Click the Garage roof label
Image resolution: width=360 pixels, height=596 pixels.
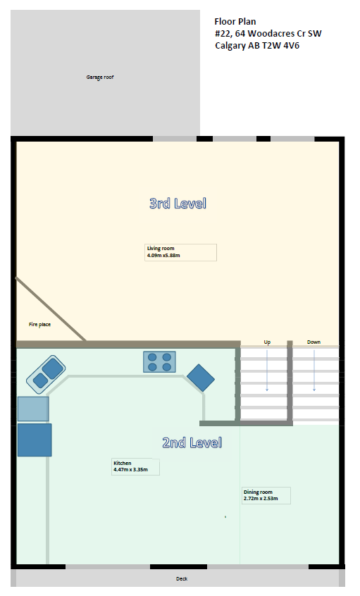coord(99,77)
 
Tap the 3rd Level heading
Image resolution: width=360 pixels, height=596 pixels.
coord(178,204)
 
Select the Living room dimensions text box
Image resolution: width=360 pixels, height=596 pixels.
coord(180,252)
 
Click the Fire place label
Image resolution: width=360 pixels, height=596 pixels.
coord(39,325)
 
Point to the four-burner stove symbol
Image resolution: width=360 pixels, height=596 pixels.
coord(159,362)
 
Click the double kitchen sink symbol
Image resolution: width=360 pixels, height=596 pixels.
coord(46,374)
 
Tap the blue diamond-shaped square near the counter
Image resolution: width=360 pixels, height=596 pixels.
coord(201,378)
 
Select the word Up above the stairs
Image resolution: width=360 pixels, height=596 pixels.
coord(267,342)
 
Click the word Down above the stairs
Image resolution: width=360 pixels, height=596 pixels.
coord(314,342)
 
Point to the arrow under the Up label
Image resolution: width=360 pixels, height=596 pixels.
coord(267,371)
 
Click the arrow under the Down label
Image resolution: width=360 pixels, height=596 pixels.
coord(314,371)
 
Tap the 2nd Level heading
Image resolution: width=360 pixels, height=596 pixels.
coord(192,443)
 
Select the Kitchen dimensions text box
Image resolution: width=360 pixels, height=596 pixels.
coord(135,467)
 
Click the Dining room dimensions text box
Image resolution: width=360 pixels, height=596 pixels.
coord(266,495)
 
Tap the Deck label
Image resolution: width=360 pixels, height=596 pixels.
coord(182,579)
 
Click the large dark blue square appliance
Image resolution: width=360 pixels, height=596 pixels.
coord(35,440)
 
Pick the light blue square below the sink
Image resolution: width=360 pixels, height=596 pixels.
coord(33,409)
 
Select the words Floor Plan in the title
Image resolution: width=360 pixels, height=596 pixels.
coord(235,22)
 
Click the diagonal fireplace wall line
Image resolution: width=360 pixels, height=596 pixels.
coord(51,309)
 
